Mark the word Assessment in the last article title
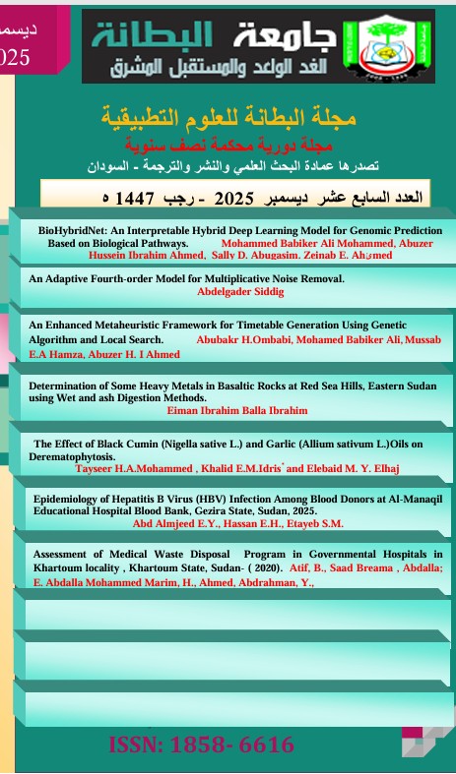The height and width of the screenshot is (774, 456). click(66, 554)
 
